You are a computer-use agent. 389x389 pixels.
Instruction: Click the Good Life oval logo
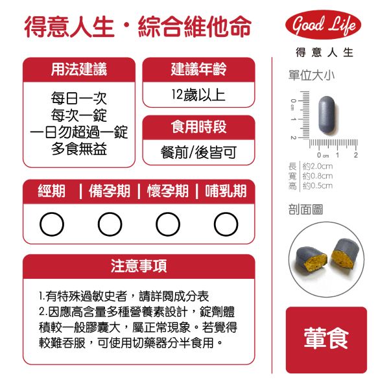(x=323, y=25)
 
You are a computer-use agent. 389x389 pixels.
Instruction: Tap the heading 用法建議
(x=79, y=69)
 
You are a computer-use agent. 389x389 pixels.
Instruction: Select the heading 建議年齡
(x=198, y=69)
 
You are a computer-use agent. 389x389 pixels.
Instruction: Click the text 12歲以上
(x=198, y=95)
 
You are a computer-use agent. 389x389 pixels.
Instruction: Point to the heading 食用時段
(x=198, y=127)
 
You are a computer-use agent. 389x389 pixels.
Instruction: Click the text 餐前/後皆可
(x=198, y=152)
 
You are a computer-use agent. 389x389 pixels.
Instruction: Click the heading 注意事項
(x=139, y=266)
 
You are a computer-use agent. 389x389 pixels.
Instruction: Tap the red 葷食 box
(x=326, y=340)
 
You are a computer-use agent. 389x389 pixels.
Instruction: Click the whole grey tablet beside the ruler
(x=327, y=115)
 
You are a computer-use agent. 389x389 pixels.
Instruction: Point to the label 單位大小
(x=311, y=75)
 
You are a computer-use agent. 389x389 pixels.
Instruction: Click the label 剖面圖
(x=305, y=209)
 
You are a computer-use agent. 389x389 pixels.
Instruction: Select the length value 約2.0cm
(x=318, y=166)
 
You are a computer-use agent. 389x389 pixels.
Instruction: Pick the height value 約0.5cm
(x=318, y=185)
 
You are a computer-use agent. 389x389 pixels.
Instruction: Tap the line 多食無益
(x=79, y=149)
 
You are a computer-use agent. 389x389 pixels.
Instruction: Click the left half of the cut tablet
(x=311, y=259)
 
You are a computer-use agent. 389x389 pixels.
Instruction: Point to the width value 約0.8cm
(x=318, y=176)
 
